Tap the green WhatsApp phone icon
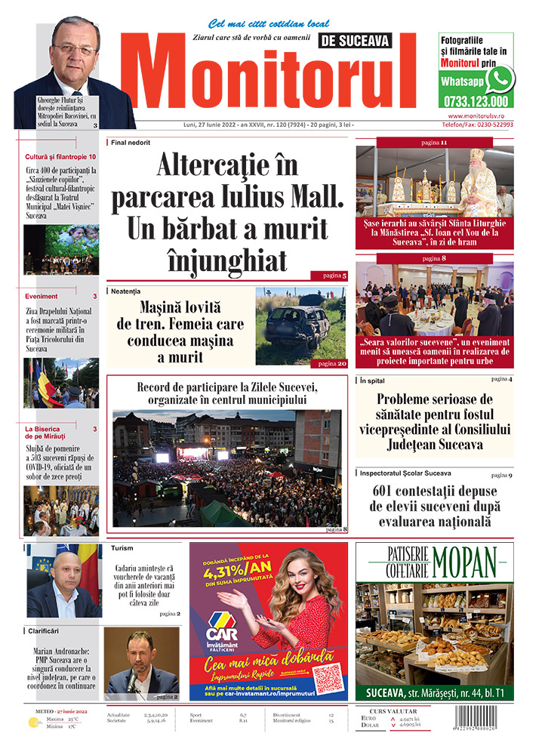tap(499, 79)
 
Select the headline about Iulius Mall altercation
tap(227, 213)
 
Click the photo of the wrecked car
tap(300, 326)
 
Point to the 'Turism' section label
tap(122, 548)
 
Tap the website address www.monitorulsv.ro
tap(480, 116)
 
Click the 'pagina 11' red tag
tap(433, 142)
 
